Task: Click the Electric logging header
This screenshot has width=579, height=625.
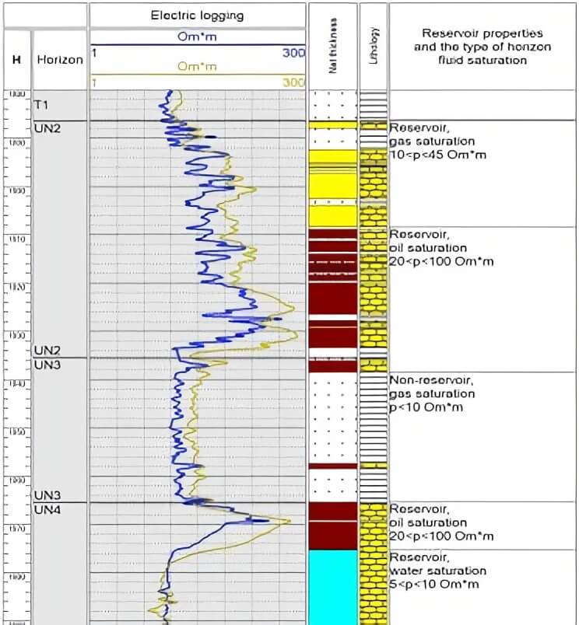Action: coord(197,14)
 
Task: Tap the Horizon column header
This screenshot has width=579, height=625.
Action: coord(60,59)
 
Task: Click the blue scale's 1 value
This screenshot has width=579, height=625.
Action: coord(94,52)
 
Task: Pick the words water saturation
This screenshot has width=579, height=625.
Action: coord(438,571)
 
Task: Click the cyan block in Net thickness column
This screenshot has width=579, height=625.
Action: coord(332,587)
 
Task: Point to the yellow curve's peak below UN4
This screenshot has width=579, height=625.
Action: coord(289,521)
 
